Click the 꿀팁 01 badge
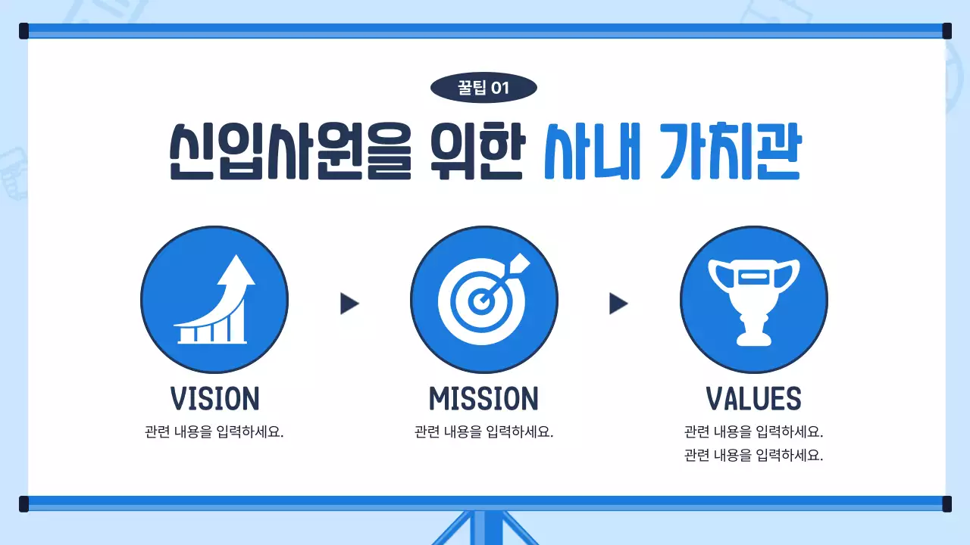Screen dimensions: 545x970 point(483,89)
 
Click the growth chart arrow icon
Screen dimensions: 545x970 point(214,300)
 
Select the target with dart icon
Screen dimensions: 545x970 point(484,300)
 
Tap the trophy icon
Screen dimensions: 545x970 point(753,300)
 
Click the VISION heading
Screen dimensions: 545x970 point(214,399)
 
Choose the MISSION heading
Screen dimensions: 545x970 point(483,399)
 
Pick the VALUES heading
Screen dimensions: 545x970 point(753,399)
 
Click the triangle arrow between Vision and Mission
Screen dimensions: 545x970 point(349,304)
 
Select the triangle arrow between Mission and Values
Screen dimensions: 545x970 point(618,304)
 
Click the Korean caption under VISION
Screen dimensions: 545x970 point(214,433)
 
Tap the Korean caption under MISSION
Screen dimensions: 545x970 point(483,433)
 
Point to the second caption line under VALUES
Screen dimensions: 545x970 point(753,456)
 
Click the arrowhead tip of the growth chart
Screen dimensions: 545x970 point(236,260)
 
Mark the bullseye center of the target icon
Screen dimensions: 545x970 point(479,301)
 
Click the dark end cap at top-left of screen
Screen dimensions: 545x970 point(23,31)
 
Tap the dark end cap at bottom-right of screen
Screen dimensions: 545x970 point(947,504)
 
